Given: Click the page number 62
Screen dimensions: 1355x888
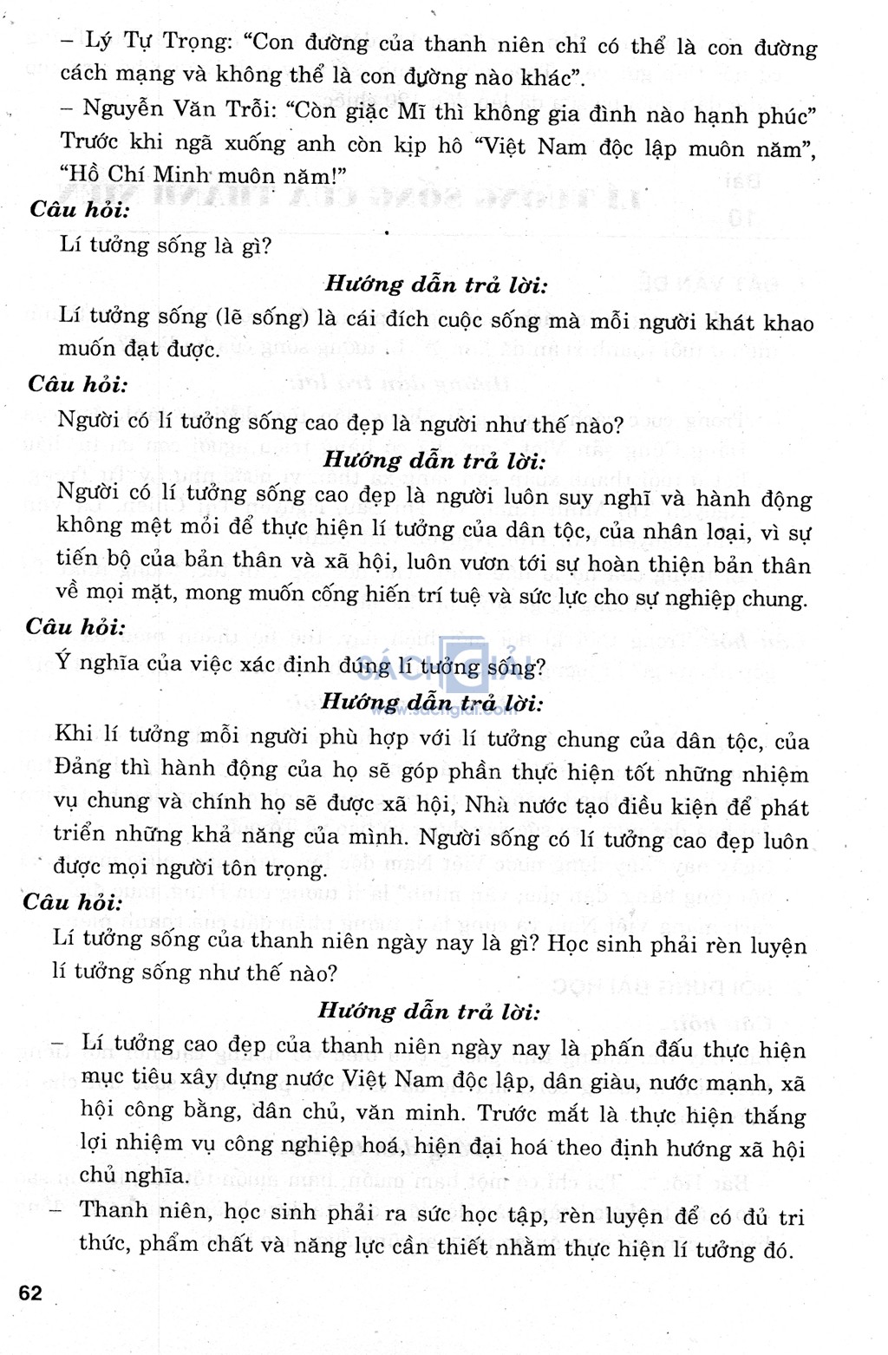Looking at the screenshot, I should (x=30, y=1293).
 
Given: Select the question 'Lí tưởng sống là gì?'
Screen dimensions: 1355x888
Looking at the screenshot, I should (x=165, y=245).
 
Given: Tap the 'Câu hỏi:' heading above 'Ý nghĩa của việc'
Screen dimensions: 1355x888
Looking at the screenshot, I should (x=75, y=626).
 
